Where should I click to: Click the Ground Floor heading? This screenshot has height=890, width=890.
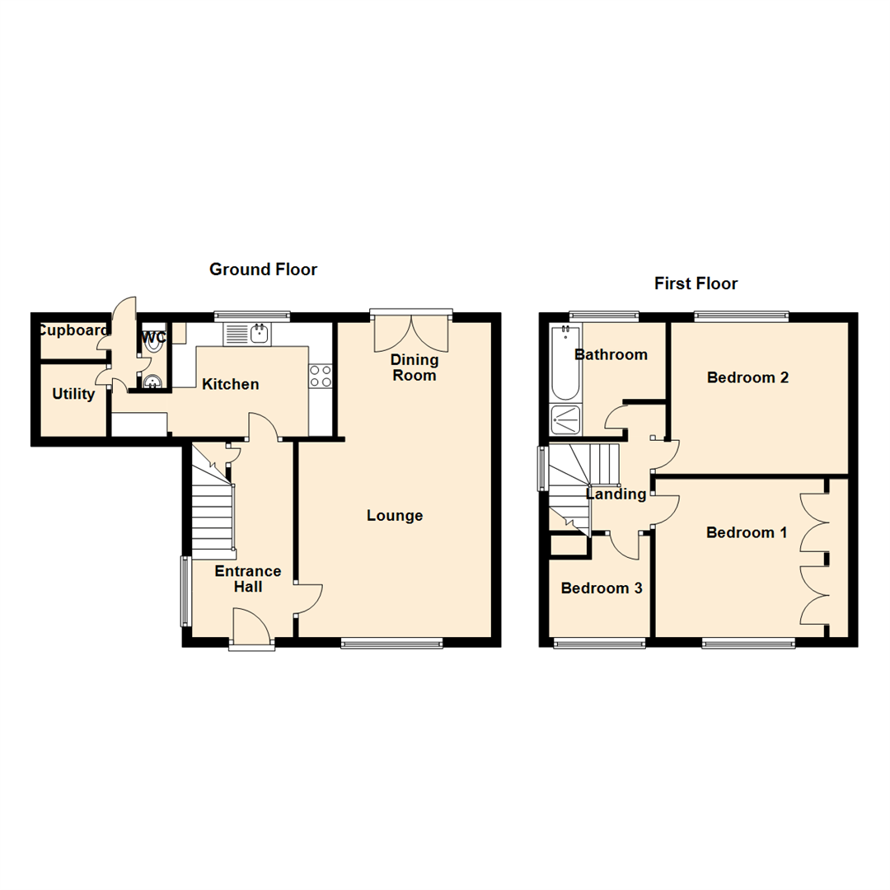pos(263,269)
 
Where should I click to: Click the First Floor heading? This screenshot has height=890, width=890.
pos(696,283)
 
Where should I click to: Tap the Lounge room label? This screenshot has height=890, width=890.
pos(395,516)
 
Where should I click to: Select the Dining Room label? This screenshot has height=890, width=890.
pos(415,368)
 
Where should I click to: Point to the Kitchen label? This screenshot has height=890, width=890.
pos(231,384)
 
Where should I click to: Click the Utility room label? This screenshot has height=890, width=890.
pos(73,395)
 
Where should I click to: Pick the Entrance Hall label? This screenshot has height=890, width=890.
pos(248,578)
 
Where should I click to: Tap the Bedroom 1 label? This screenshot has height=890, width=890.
pos(747,533)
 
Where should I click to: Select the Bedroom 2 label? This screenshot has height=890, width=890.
pos(748,377)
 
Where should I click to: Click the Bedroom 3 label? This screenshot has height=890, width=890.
pos(602,588)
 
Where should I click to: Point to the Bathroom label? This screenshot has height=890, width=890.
pos(611,355)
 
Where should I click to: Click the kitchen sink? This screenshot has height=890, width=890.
pos(248,334)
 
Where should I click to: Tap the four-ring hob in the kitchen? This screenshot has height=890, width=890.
pos(320,376)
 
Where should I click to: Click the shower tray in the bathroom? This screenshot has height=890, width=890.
pos(565,419)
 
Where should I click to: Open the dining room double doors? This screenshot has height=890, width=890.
pos(412,331)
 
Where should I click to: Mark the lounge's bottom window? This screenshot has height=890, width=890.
pos(391,644)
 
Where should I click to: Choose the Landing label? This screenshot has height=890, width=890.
pos(616,494)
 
